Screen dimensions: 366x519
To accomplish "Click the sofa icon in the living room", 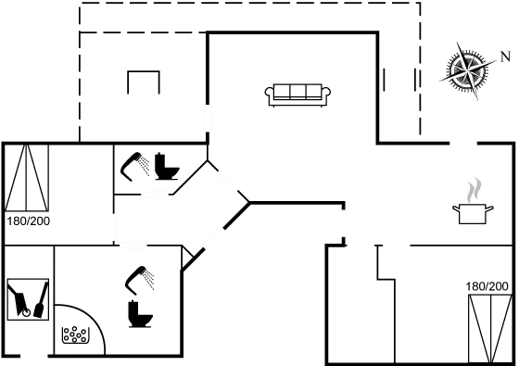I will (297, 93).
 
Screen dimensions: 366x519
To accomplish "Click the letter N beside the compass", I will (505, 56).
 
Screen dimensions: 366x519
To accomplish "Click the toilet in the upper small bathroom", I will (169, 166).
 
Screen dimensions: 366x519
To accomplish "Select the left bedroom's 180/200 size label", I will (28, 221).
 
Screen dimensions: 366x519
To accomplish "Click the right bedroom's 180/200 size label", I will (487, 288).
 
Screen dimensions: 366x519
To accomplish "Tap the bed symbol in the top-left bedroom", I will (28, 177).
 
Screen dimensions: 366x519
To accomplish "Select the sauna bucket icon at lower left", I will (27, 300).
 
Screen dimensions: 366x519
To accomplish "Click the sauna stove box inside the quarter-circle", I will (74, 334).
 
